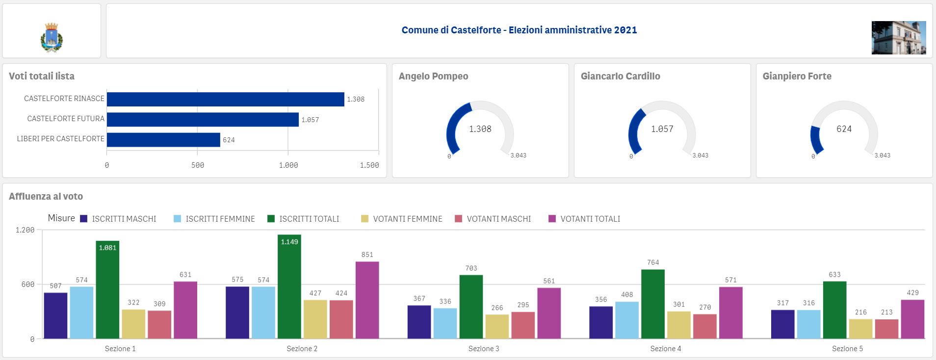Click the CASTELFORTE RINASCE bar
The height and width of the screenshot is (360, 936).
(226, 99)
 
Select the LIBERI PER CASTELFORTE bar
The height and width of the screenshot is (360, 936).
(163, 140)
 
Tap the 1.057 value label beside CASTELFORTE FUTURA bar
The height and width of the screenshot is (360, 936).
(310, 120)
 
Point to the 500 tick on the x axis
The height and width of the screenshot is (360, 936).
(198, 165)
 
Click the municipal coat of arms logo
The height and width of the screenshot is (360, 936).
(52, 37)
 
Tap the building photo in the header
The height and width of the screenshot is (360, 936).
(899, 38)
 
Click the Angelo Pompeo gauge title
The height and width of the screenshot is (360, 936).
(434, 77)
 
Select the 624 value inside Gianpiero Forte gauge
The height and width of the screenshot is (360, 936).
(844, 129)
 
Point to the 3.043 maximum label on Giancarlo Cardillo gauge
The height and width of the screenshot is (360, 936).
(700, 155)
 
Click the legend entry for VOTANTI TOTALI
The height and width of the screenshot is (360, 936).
(584, 219)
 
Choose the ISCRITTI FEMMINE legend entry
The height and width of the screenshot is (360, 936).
(214, 219)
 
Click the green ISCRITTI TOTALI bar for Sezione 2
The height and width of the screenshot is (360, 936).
(289, 286)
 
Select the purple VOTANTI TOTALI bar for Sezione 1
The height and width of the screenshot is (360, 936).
(185, 310)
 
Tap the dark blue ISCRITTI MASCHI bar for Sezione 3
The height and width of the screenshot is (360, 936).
(419, 322)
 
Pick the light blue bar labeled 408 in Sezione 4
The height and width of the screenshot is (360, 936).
(627, 320)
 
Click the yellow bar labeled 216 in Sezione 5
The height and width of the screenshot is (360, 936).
(861, 329)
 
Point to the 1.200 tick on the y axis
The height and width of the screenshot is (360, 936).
(25, 230)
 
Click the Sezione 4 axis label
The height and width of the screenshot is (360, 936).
(666, 349)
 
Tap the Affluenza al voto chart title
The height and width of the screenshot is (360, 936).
(46, 197)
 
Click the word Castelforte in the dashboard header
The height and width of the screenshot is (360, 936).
(476, 30)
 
